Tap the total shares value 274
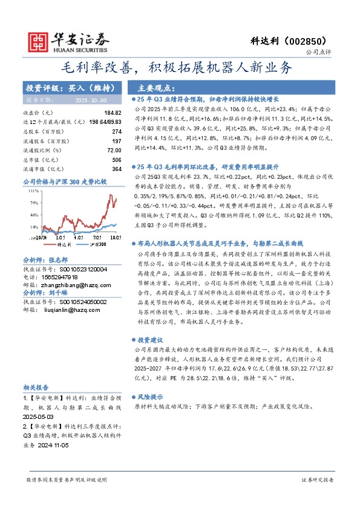click(117, 131)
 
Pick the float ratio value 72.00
click(114, 149)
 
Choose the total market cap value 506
click(117, 159)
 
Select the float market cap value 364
click(117, 169)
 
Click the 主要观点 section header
click(156, 87)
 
